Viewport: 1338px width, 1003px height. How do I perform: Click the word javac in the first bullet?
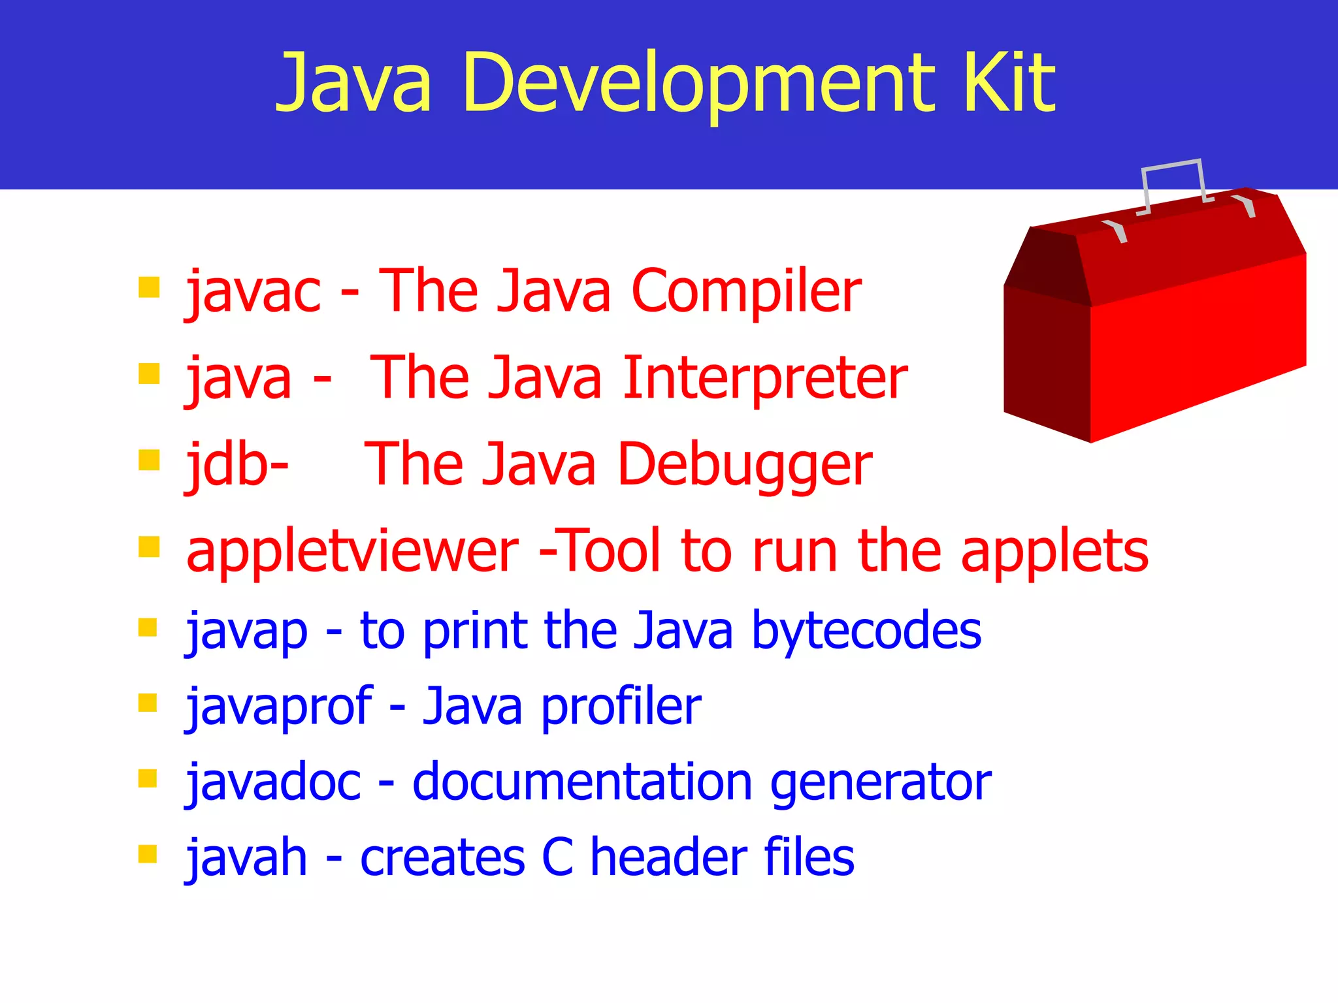253,292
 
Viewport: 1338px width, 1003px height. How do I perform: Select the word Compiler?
746,292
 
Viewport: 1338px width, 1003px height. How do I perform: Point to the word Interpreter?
765,379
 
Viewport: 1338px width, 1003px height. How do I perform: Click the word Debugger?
745,465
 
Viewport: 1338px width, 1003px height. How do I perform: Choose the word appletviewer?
352,552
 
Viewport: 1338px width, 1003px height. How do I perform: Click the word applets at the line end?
1054,552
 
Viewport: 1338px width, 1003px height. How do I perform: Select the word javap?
247,632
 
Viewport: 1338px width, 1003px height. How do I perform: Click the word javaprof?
280,707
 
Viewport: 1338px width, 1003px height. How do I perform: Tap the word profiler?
621,707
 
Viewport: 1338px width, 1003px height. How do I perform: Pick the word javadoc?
274,782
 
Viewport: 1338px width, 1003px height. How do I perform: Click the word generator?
881,783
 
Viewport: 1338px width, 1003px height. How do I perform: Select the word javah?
247,857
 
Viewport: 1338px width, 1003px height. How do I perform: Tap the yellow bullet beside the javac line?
149,287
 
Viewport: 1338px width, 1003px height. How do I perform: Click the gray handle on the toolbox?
1173,165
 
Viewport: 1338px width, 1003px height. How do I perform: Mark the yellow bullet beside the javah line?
148,854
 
